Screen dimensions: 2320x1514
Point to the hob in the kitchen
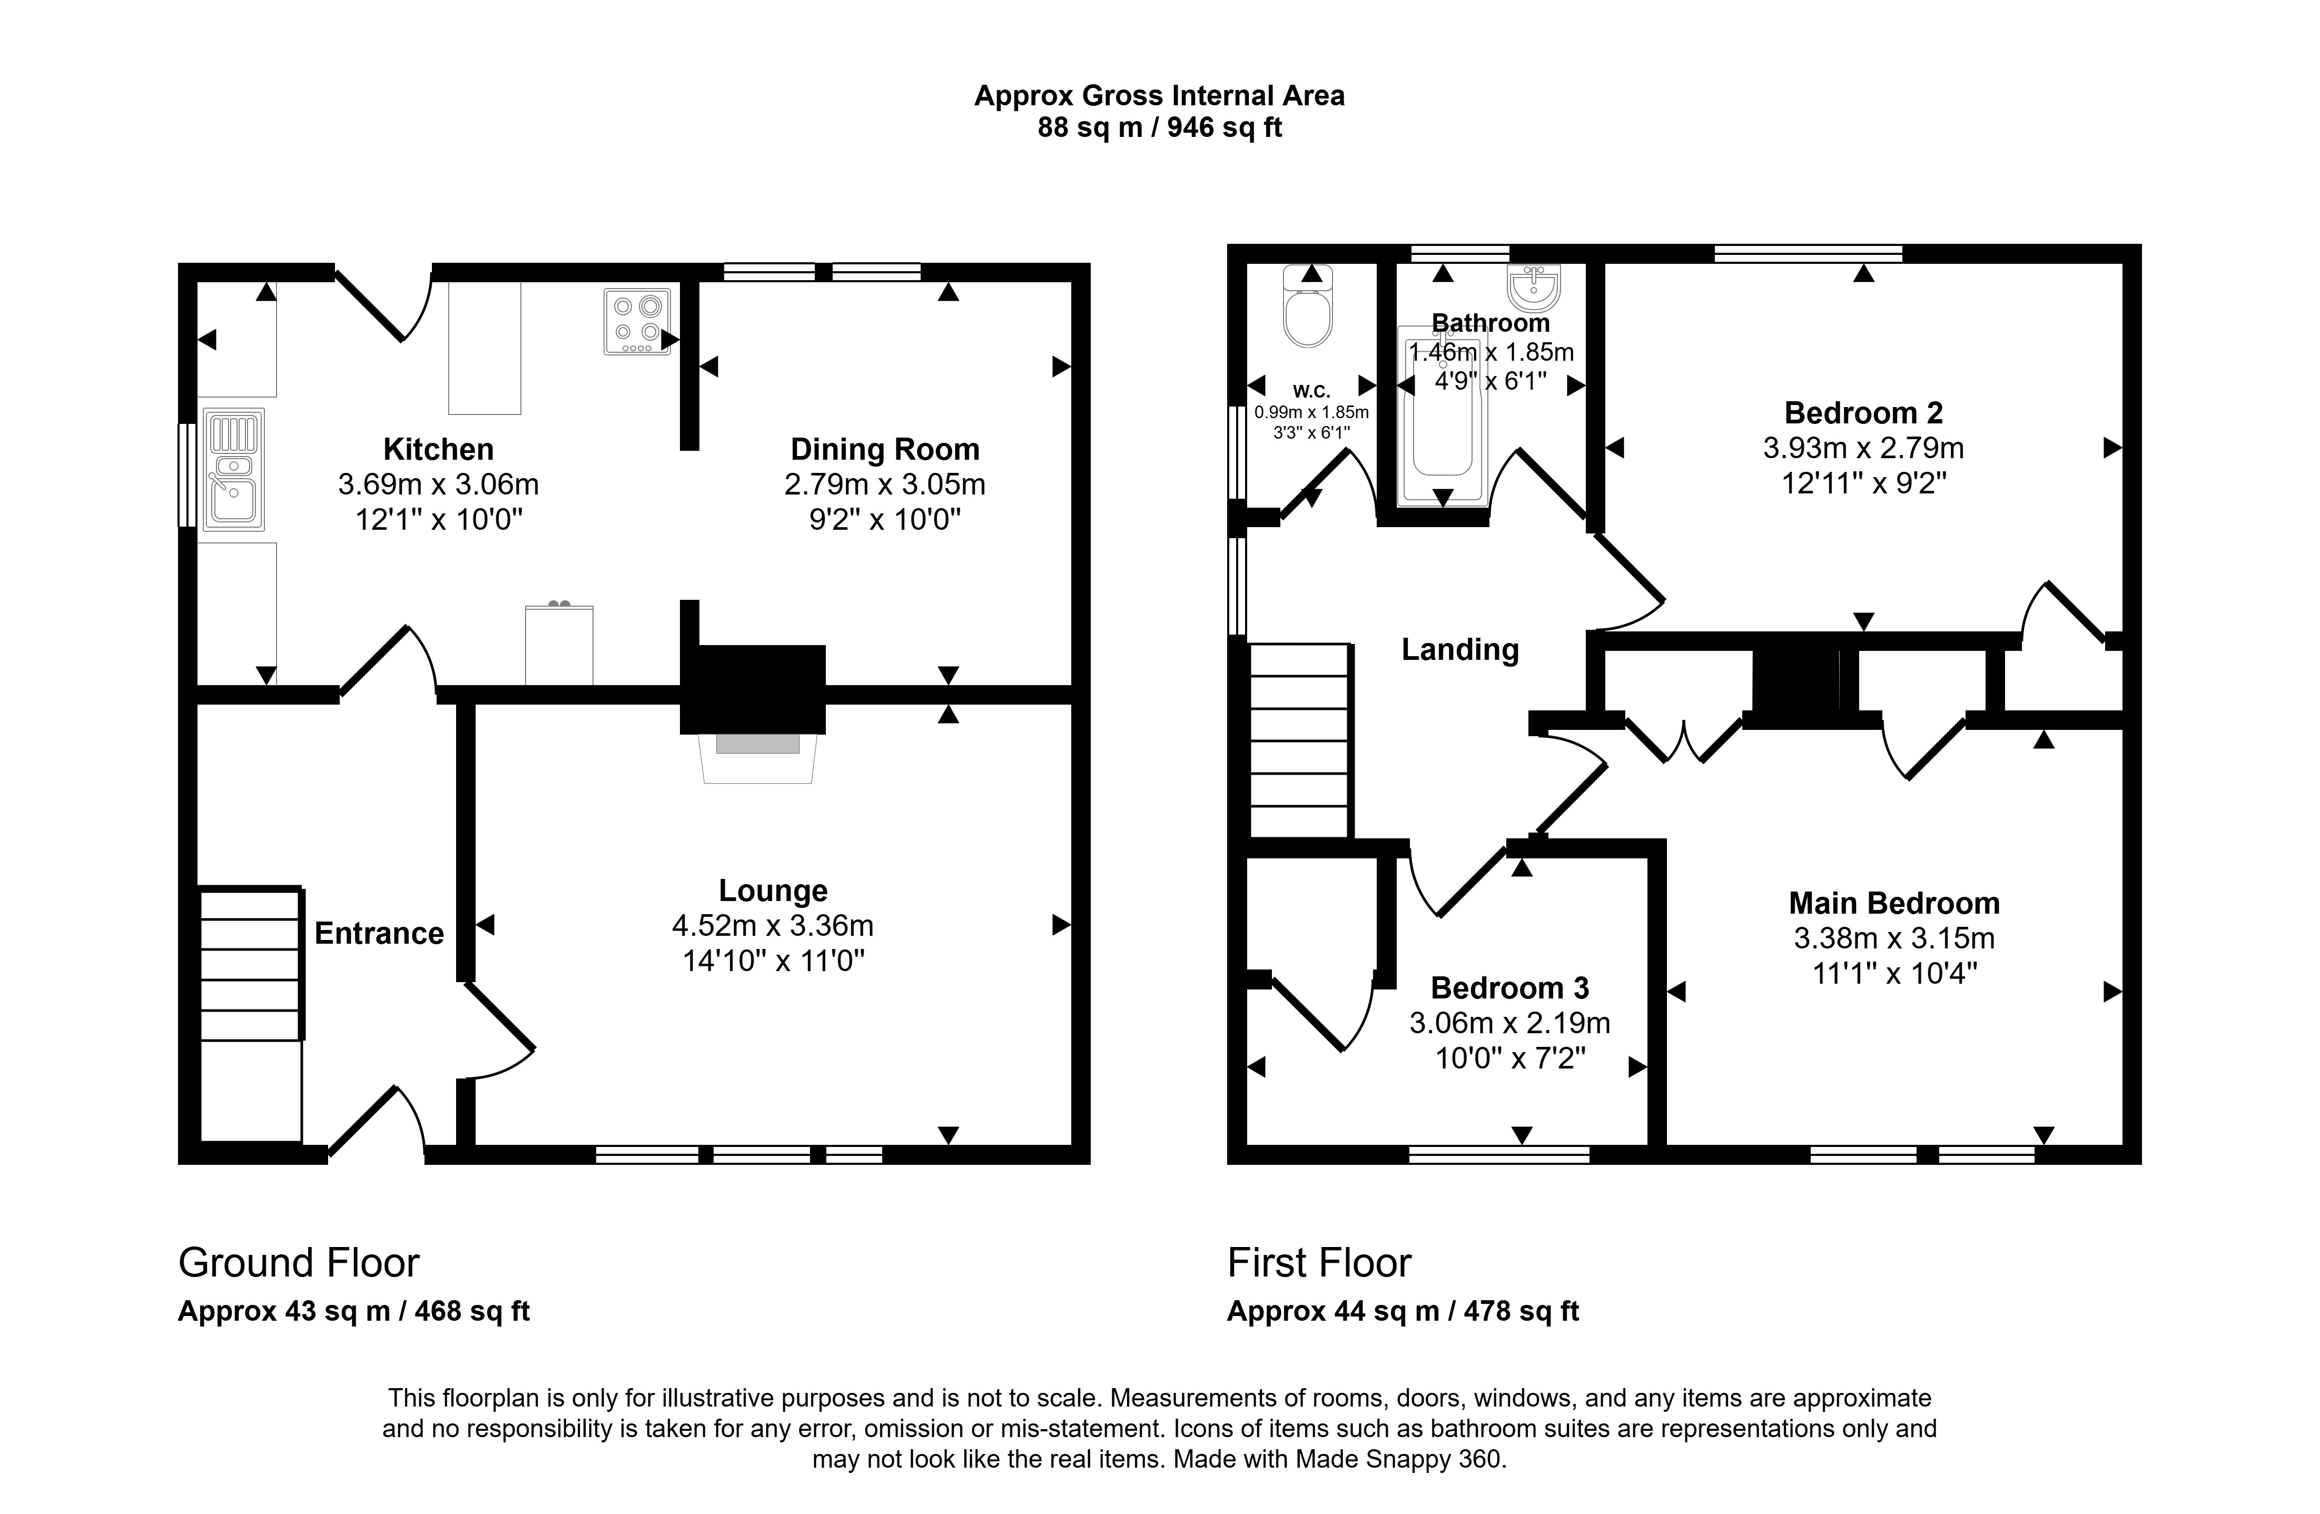637,321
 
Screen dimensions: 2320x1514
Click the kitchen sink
233,470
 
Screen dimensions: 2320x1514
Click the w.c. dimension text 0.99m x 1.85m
1311,412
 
